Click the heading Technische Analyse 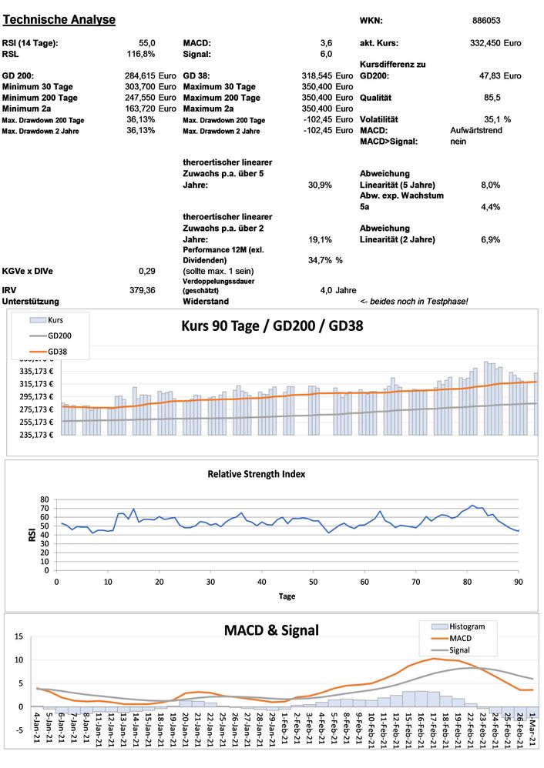tap(59, 19)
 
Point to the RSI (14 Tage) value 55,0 tap(147, 43)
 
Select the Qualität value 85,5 tap(492, 98)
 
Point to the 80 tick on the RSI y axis tap(43, 499)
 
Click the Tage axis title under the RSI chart tap(286, 596)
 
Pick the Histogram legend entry tap(462, 626)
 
